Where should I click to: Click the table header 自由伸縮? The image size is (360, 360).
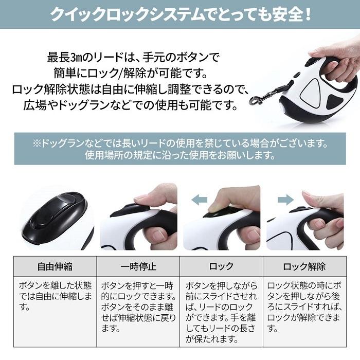55,266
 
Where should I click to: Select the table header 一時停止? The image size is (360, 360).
138,266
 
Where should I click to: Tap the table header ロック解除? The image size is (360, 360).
304,266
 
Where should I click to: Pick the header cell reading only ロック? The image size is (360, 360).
221,266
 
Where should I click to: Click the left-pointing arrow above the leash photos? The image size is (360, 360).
200,200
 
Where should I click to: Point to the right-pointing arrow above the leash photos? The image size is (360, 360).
285,200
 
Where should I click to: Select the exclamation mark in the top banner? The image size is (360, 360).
308,15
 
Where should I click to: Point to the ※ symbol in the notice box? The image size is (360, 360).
37,143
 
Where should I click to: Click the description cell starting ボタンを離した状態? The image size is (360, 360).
55,296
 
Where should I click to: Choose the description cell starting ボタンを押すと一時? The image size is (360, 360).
138,307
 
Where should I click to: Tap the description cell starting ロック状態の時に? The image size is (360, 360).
304,307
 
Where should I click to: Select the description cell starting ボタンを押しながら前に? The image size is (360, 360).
221,312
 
